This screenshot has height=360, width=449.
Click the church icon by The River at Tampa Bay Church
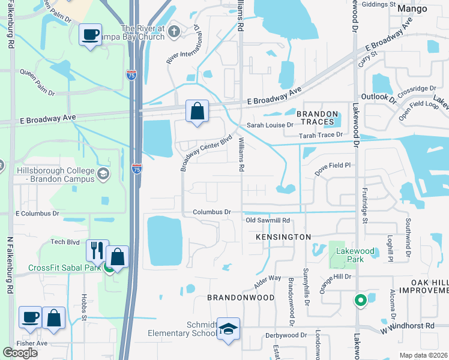tap(174, 31)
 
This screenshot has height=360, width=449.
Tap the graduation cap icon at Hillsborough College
tap(103, 175)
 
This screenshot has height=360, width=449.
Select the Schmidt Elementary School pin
tap(228, 329)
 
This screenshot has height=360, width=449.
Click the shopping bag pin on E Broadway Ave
tap(197, 111)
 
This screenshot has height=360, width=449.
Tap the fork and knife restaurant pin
tap(96, 251)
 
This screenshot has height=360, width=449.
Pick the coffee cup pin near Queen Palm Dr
tap(90, 35)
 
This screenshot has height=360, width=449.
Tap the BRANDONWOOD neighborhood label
tap(241, 298)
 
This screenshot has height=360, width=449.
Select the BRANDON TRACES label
tap(315, 118)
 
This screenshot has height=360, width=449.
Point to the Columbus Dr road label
tap(212, 212)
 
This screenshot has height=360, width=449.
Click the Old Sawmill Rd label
tap(268, 220)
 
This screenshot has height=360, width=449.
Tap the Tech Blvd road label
tap(65, 241)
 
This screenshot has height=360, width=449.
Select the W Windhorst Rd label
tap(407, 326)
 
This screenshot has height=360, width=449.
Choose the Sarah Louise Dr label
tap(270, 125)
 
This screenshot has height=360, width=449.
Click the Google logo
tap(20, 353)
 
